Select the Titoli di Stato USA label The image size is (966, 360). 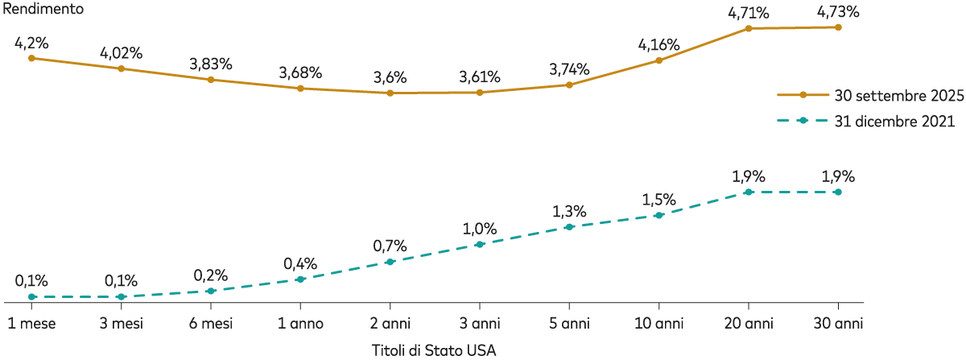pos(434,350)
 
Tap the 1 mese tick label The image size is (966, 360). pos(31,324)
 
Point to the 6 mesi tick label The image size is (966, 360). pos(211,324)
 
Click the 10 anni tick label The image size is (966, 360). pos(658,324)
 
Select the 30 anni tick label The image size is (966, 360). pos(838,324)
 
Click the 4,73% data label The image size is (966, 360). pos(838,11)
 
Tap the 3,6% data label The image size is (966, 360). pos(390,78)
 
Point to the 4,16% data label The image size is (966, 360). pos(658,44)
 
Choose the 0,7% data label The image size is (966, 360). pos(390,246)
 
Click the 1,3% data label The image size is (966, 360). pos(569,211)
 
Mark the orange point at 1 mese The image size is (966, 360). pos(31,58)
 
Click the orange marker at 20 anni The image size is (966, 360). pos(749,28)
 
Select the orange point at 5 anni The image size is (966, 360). pos(569,85)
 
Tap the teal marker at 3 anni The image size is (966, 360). pos(480,244)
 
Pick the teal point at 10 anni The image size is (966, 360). pos(658,215)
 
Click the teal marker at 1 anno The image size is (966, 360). pos(300,279)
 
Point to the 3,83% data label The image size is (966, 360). pos(211,64)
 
